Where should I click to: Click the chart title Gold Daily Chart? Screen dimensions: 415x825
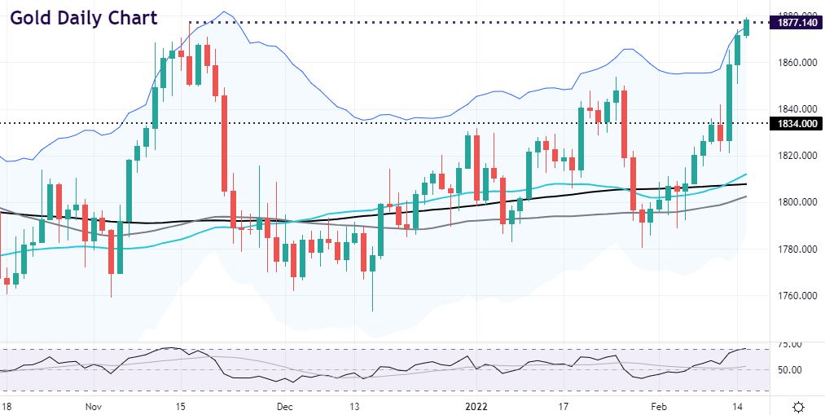(84, 18)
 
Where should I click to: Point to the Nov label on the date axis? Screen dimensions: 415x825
(94, 405)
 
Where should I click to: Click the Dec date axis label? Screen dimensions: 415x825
(283, 405)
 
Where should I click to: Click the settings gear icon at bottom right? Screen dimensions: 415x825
(799, 406)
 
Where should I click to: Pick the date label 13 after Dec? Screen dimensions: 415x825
(355, 405)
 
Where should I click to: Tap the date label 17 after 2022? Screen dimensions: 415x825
(563, 405)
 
